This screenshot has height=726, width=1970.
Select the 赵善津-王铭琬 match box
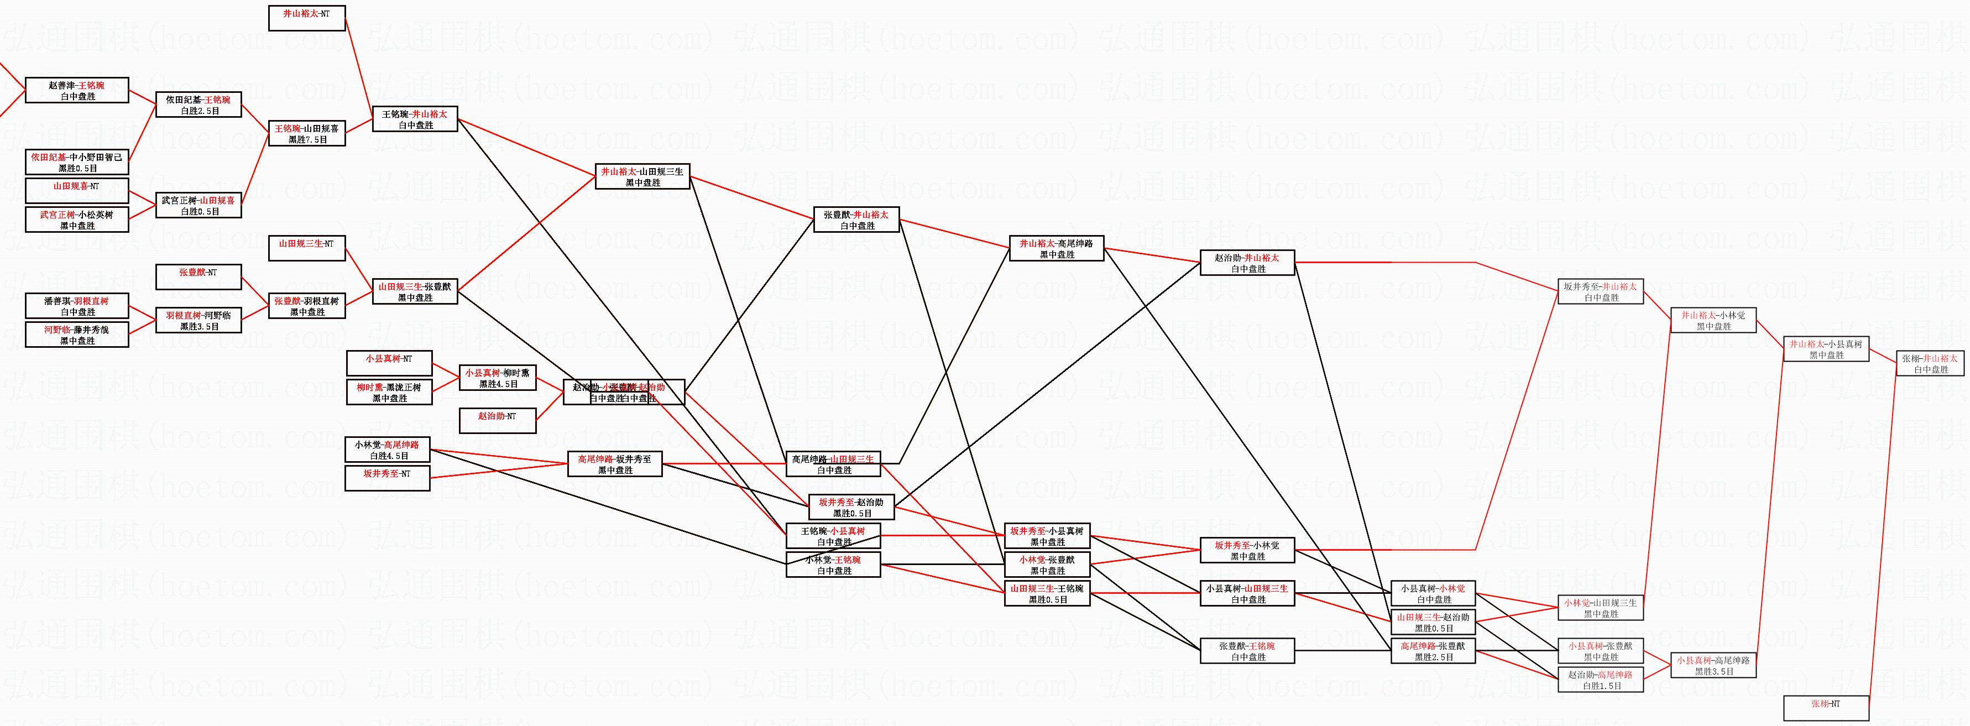pyautogui.click(x=76, y=90)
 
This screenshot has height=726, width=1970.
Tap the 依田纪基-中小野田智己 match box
pyautogui.click(x=76, y=162)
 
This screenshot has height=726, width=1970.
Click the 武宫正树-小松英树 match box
pyautogui.click(x=76, y=220)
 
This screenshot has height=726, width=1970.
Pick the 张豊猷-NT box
pyautogui.click(x=198, y=277)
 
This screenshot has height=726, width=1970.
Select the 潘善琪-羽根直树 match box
pyautogui.click(x=76, y=306)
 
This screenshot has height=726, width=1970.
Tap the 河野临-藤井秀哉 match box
pyautogui.click(x=76, y=335)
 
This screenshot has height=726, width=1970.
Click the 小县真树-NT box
pyautogui.click(x=389, y=363)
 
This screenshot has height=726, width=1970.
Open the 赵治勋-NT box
pyautogui.click(x=497, y=421)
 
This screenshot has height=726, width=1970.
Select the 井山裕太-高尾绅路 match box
pyautogui.click(x=1056, y=249)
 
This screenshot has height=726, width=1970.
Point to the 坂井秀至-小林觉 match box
pyautogui.click(x=1247, y=550)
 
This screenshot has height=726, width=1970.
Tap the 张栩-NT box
pyautogui.click(x=1826, y=708)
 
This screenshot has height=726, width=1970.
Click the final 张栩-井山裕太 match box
pyautogui.click(x=1930, y=363)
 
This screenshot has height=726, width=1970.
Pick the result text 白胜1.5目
pyautogui.click(x=1601, y=686)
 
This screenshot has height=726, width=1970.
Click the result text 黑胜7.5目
pyautogui.click(x=307, y=140)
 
